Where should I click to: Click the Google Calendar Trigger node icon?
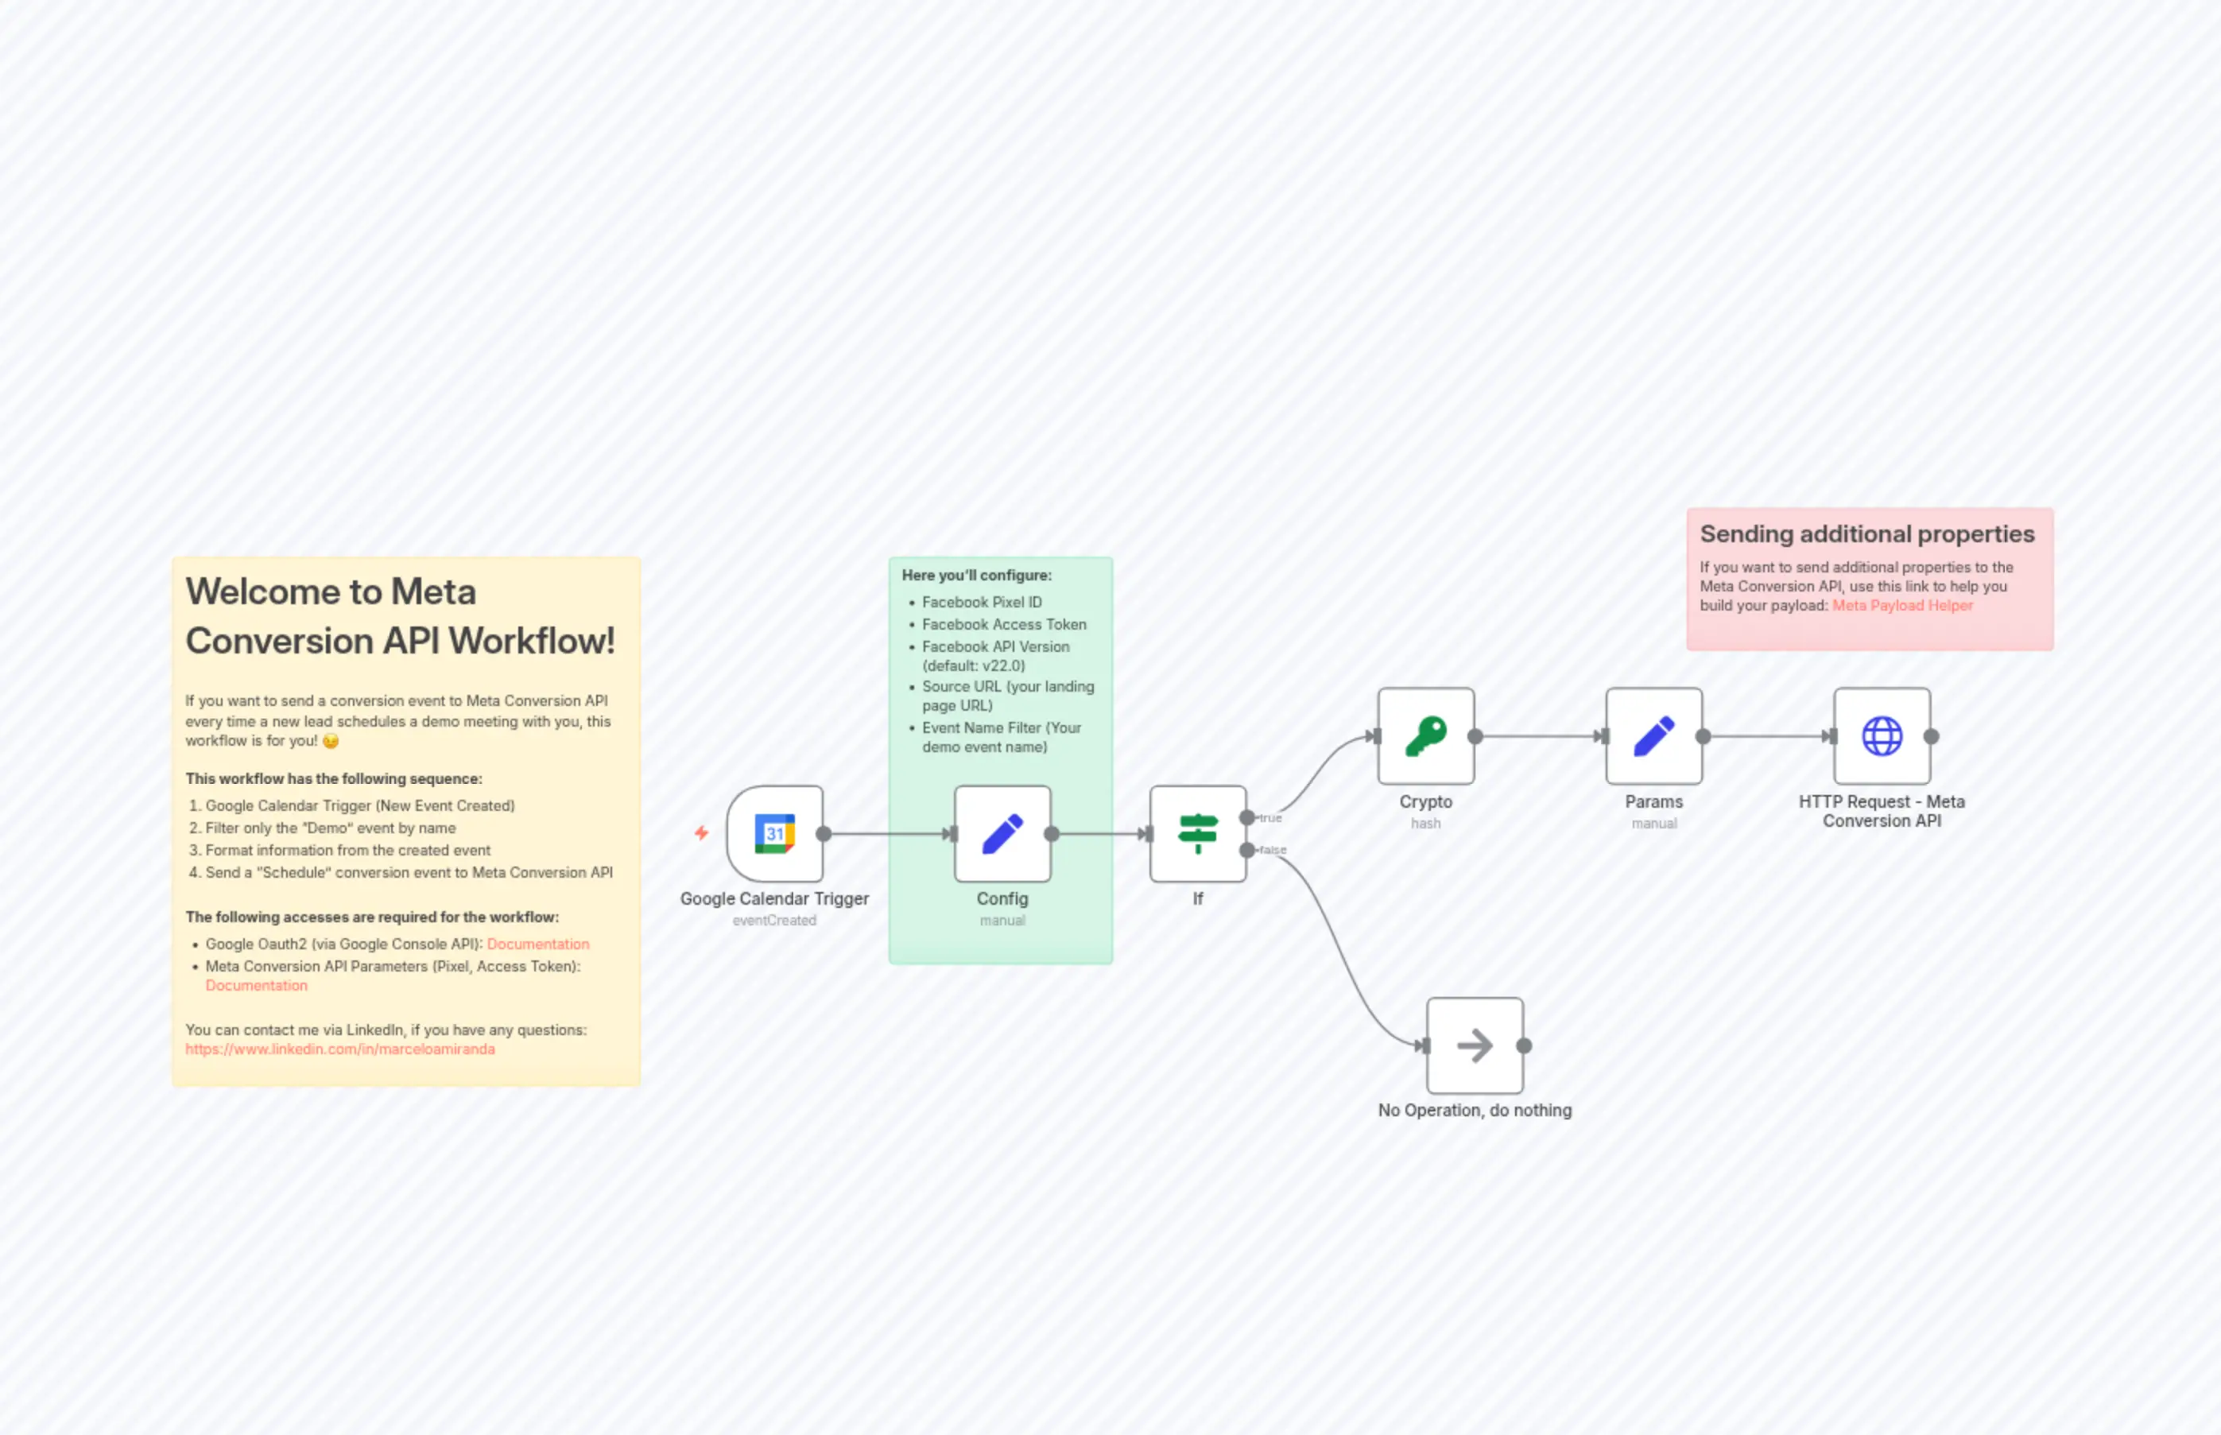click(x=774, y=834)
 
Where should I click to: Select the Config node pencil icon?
click(x=1002, y=834)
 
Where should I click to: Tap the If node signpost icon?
click(x=1198, y=834)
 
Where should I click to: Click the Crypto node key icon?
click(x=1425, y=736)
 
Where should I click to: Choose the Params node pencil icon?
click(x=1653, y=736)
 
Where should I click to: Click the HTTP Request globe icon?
click(x=1882, y=736)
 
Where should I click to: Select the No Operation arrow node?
click(x=1475, y=1045)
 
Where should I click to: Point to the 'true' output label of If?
click(x=1271, y=818)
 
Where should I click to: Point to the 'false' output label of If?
click(x=1273, y=850)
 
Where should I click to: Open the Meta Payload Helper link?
click(x=1902, y=606)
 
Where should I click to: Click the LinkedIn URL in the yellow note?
click(x=340, y=1049)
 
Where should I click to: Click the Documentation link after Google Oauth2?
click(x=537, y=944)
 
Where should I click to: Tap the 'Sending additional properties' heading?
click(x=1867, y=534)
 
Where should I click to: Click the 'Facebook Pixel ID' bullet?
click(x=982, y=603)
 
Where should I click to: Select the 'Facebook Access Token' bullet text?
click(x=1004, y=624)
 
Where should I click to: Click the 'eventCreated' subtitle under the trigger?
click(x=774, y=921)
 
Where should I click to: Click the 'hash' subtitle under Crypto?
click(x=1425, y=824)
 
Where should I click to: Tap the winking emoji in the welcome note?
click(x=331, y=742)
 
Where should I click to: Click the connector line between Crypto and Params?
click(x=1539, y=736)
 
